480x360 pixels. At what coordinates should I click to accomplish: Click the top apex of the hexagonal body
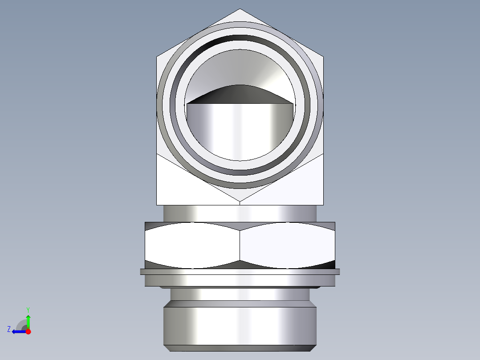(x=240, y=10)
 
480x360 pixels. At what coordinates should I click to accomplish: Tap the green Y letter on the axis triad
(x=28, y=309)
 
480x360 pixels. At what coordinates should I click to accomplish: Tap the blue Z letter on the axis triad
(x=9, y=329)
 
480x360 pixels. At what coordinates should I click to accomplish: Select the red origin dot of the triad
(x=28, y=331)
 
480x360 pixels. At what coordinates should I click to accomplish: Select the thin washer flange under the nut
(x=240, y=271)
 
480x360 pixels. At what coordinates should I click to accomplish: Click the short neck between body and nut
(x=240, y=213)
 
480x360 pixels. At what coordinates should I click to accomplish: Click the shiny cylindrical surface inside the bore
(x=240, y=131)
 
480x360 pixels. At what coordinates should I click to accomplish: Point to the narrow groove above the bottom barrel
(x=240, y=294)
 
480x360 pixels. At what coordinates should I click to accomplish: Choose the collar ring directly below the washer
(x=240, y=280)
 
